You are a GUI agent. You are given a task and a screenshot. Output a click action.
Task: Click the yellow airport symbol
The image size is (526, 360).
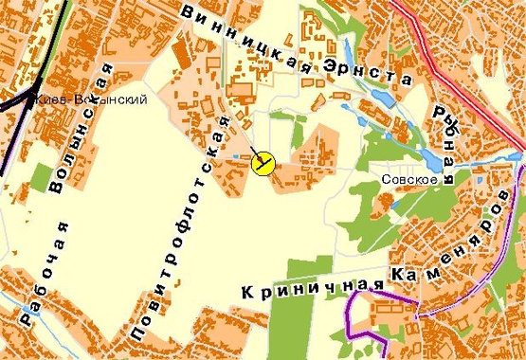point(263,164)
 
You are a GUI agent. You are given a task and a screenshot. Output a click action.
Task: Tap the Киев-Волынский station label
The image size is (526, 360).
point(90,102)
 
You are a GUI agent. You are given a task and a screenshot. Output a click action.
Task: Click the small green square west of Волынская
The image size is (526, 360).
point(41,176)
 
